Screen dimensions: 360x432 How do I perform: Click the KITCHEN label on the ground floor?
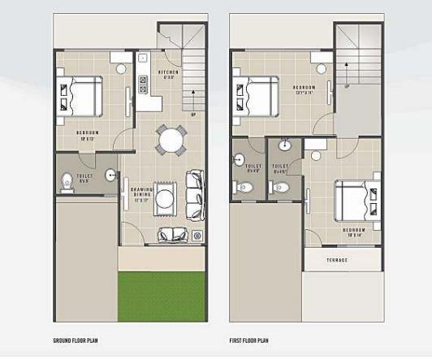click(x=168, y=75)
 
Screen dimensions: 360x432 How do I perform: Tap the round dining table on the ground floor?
click(x=171, y=141)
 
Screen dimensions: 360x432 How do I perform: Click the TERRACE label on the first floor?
click(x=337, y=260)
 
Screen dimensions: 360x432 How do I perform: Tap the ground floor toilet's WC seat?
click(x=67, y=183)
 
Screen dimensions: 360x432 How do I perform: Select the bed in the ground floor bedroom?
click(x=79, y=95)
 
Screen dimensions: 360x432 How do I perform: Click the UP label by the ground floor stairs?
click(x=192, y=115)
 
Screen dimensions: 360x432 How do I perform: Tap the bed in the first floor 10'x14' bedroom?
click(x=356, y=199)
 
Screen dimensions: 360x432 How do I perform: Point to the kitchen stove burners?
click(x=141, y=82)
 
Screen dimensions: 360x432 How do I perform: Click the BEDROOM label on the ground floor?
click(x=87, y=132)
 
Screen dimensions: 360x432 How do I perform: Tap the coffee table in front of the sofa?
click(x=166, y=197)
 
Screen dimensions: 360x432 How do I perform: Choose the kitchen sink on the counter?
click(x=141, y=59)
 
